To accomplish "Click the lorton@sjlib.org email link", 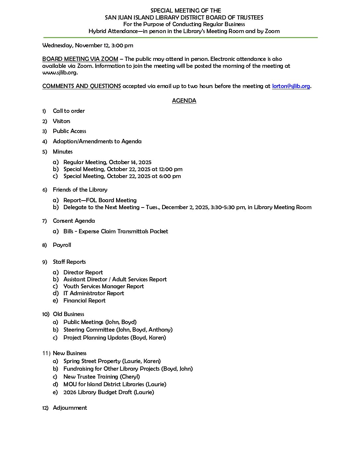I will click(291, 86).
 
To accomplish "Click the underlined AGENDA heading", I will click(184, 101).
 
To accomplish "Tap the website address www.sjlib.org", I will click(60, 72).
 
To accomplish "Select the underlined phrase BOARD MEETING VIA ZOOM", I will click(80, 59).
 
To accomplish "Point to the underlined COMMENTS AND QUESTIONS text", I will click(81, 86).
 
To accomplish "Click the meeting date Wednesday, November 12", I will click(73, 45).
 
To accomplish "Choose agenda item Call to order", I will click(69, 111).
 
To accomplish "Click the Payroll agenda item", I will click(62, 245).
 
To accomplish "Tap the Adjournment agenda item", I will click(70, 408).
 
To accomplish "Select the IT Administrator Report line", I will click(94, 293).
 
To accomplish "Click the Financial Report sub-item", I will click(84, 301).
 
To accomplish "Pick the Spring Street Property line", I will click(112, 361).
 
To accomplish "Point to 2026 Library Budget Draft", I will click(109, 392).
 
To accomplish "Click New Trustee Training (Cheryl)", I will click(102, 377).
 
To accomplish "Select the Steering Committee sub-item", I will click(118, 330).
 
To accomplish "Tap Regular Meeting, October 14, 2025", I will click(107, 162).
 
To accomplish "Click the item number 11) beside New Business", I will click(46, 353).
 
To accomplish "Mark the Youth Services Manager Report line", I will click(104, 286).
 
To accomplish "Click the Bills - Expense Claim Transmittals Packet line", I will click(115, 231).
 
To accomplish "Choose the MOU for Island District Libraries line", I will click(115, 384).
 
